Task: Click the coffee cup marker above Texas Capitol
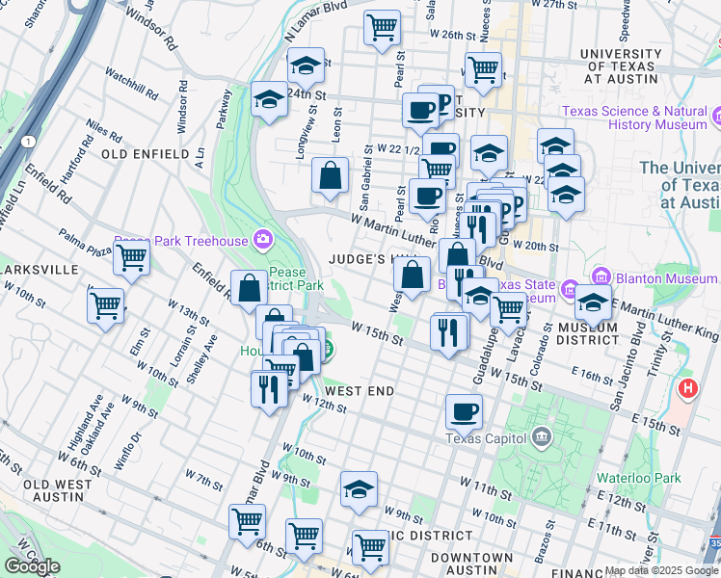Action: coord(464,411)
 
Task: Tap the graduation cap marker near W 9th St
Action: coord(359,488)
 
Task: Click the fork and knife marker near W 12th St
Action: coord(268,388)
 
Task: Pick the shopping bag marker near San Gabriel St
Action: coord(330,176)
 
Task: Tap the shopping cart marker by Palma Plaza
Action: coord(130,258)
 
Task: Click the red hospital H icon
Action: coord(687,388)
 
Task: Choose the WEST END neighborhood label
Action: coord(360,391)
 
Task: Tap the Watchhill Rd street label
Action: coord(132,90)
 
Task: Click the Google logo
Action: coord(33,566)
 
